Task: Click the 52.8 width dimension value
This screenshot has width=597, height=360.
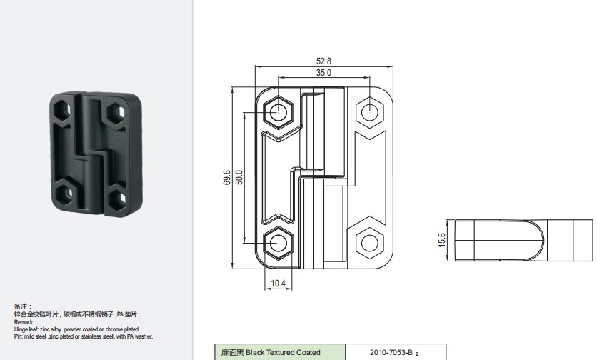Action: [x=323, y=61]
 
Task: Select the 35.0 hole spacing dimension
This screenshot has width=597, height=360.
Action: [x=323, y=73]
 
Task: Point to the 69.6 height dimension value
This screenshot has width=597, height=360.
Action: [x=226, y=178]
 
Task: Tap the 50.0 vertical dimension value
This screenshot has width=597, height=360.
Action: [x=239, y=178]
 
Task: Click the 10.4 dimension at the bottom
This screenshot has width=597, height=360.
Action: [x=278, y=283]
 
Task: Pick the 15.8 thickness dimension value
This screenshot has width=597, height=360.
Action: [x=441, y=240]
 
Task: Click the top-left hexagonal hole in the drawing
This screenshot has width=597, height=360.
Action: [x=279, y=112]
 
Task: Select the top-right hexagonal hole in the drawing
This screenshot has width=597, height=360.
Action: [x=370, y=112]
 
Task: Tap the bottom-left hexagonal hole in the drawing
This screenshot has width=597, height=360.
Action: [x=279, y=243]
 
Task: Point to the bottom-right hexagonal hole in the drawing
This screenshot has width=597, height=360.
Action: [x=370, y=243]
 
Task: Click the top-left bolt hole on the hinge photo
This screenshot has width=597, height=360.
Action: [x=62, y=110]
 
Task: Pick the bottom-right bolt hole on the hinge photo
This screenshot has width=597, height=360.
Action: [x=119, y=197]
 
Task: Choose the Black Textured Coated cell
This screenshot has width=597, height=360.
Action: [x=280, y=352]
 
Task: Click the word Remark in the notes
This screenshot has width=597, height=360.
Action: [x=24, y=322]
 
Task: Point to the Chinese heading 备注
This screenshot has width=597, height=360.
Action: [x=21, y=306]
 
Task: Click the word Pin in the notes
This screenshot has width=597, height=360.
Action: [x=18, y=336]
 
